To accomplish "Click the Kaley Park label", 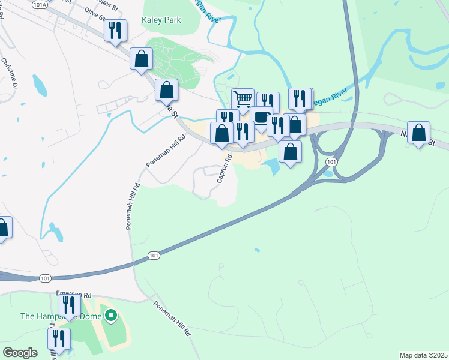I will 161,20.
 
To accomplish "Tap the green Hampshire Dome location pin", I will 110,315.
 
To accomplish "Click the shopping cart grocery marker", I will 242,100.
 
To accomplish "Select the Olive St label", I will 94,13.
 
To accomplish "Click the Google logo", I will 20,352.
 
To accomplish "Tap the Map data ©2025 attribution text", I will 423,355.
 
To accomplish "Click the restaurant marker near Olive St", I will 116,31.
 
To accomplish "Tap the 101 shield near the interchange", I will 332,163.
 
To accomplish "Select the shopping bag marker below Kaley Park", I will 141,59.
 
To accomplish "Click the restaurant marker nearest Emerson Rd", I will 69,306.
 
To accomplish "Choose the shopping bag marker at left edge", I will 2,229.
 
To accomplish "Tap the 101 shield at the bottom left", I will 46,278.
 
